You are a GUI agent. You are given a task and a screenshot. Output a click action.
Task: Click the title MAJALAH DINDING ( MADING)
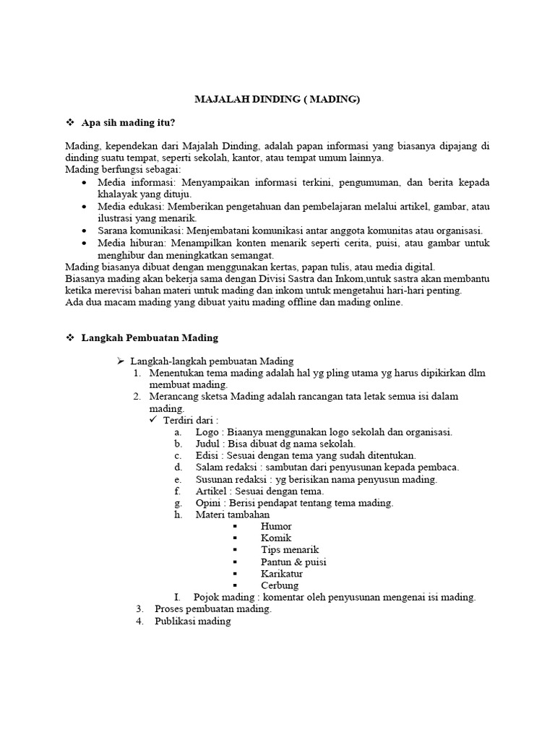[x=277, y=100]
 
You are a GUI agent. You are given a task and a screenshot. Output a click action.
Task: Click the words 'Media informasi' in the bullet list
[x=128, y=183]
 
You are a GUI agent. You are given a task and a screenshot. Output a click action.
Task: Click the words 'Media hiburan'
[x=126, y=243]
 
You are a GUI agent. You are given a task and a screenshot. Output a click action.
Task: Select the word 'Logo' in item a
[x=207, y=432]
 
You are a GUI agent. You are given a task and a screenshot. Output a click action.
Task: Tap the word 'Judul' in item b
[x=208, y=444]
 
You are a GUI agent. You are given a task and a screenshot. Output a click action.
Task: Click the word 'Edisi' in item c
[x=207, y=455]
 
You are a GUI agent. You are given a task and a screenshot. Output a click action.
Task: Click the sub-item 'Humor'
[x=276, y=526]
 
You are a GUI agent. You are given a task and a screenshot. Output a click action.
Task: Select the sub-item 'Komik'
[x=275, y=538]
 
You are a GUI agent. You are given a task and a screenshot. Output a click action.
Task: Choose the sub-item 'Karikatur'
[x=283, y=573]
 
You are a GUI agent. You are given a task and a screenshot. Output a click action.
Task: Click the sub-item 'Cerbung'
[x=280, y=585]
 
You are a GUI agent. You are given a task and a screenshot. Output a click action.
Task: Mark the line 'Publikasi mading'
[x=192, y=621]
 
